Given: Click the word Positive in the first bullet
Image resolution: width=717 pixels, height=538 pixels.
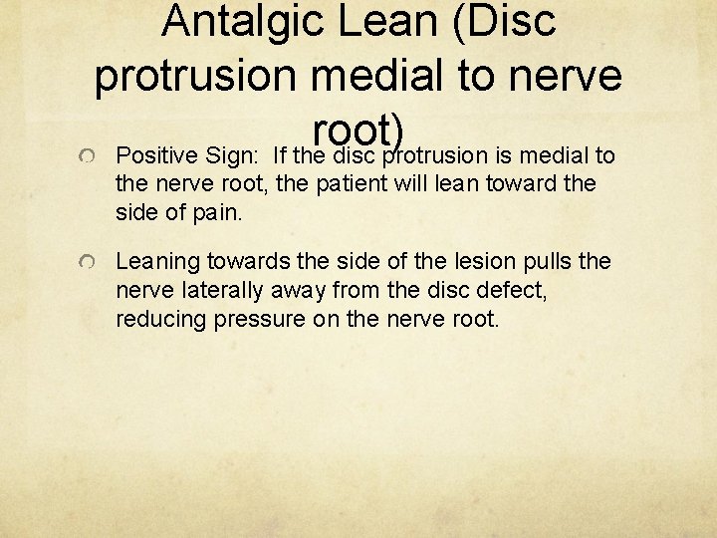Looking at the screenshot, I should point(155,155).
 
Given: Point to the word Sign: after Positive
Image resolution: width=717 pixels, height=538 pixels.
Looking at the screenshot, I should point(230,155).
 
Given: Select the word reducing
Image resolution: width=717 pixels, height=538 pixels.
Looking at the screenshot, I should point(160,319).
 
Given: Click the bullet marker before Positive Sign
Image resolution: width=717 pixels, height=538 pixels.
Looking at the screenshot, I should point(89,157).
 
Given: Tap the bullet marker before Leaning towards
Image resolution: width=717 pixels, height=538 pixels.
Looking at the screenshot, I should point(89,263).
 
